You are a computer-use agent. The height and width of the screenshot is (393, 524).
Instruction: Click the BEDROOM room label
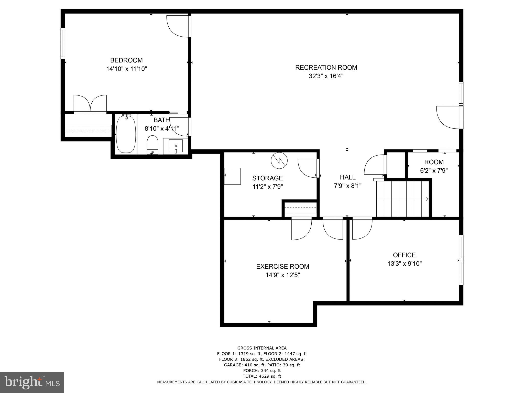126,60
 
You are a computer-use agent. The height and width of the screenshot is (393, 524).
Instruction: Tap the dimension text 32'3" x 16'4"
326,76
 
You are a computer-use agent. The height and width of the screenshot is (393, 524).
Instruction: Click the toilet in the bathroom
153,145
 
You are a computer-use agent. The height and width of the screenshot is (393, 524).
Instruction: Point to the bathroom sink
176,146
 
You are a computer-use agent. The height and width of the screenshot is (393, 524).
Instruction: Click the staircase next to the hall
402,199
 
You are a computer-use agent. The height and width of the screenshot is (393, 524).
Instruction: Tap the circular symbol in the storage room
279,160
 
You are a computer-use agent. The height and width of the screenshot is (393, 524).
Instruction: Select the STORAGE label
267,178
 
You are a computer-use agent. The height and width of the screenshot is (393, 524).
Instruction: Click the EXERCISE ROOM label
282,266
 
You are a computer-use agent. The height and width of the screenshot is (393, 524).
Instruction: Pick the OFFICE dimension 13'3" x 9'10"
404,264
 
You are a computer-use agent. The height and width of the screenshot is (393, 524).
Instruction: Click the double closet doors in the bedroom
90,104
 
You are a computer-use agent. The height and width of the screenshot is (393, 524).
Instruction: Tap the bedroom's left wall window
63,43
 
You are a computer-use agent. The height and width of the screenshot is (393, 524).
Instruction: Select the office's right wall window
461,260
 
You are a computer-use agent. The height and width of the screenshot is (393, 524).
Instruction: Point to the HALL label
347,177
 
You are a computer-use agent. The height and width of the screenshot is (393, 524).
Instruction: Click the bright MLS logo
32,382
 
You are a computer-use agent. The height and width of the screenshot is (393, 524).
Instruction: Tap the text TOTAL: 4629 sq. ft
262,376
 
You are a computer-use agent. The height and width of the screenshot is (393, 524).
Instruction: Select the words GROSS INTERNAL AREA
262,348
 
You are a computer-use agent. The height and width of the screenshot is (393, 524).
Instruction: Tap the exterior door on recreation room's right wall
449,117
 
